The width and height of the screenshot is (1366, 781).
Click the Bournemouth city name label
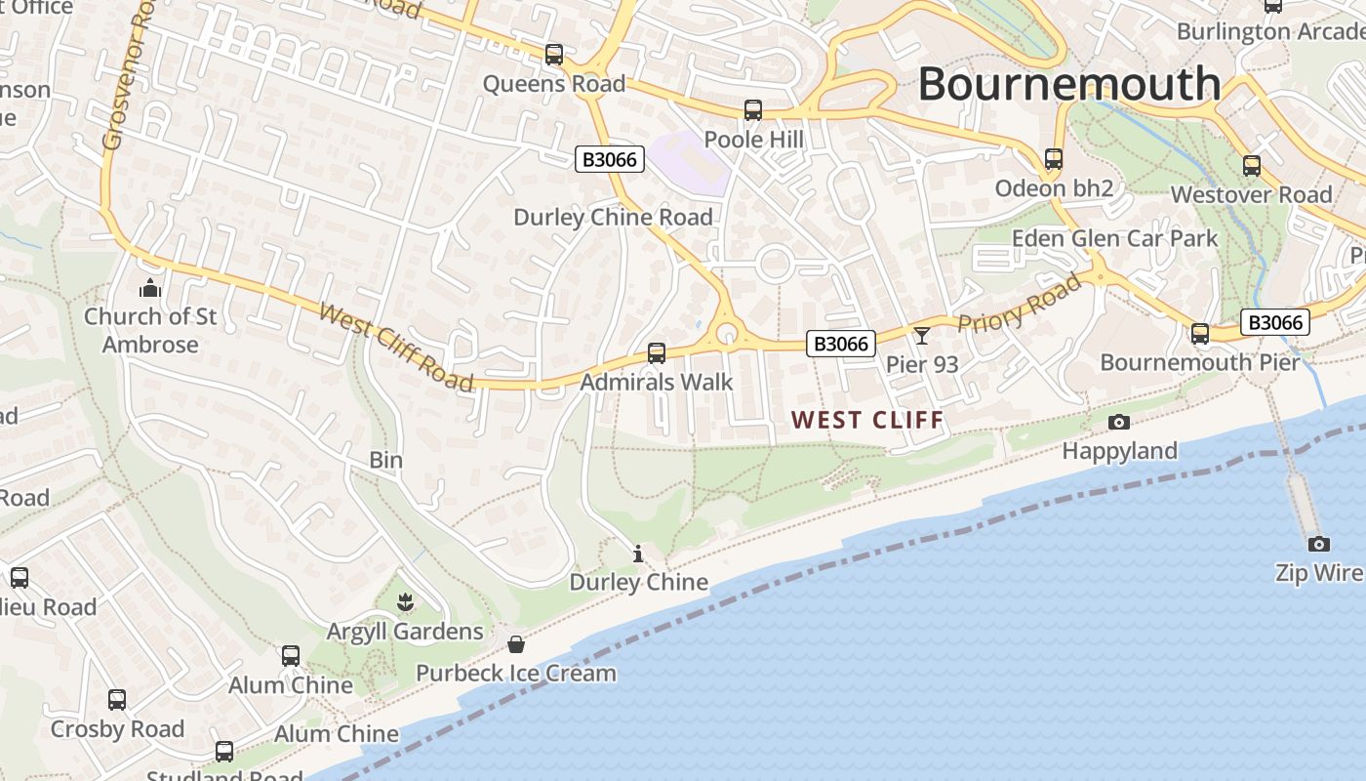(x=1069, y=84)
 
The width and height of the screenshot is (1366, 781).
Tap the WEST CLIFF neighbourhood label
(x=867, y=421)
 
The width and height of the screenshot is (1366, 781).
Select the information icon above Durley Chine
(x=638, y=555)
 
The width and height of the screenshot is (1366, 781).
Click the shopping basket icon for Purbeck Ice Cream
(x=516, y=644)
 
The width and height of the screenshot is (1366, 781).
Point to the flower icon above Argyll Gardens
(x=405, y=603)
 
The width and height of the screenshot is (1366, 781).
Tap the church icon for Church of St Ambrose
(x=150, y=288)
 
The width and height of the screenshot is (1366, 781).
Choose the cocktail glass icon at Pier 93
(x=922, y=336)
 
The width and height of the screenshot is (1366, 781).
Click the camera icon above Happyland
(x=1119, y=422)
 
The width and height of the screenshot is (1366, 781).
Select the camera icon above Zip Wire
(x=1318, y=544)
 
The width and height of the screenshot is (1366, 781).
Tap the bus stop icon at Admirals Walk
(x=657, y=352)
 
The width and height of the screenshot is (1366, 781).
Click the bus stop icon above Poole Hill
(x=753, y=110)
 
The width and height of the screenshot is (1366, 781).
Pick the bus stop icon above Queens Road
(x=554, y=55)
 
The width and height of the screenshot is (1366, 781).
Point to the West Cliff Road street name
(x=396, y=348)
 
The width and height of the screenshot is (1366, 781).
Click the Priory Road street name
(x=1020, y=304)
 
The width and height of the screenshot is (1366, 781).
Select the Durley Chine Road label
(x=613, y=217)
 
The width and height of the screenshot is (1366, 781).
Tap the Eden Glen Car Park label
(x=1114, y=238)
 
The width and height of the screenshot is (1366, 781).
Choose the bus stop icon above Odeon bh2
(x=1054, y=158)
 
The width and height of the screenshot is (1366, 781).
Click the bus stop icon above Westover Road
(x=1252, y=166)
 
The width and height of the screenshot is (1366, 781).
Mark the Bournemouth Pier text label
(x=1199, y=362)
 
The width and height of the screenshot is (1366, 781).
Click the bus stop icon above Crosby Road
(x=117, y=699)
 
